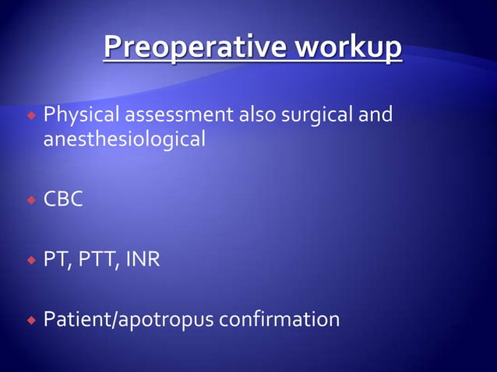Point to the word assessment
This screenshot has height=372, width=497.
point(174,117)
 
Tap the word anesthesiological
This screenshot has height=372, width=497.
point(125,141)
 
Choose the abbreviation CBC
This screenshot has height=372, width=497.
point(63,199)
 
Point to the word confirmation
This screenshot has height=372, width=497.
point(280,319)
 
